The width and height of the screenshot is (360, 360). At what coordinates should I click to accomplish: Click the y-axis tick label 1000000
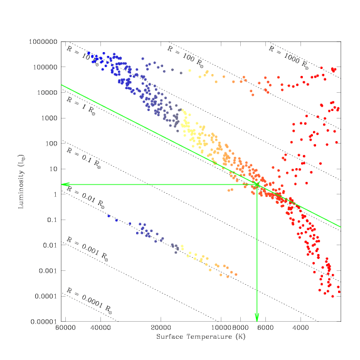click(x=43, y=42)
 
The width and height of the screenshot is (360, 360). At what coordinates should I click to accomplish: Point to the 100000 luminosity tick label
click(x=45, y=67)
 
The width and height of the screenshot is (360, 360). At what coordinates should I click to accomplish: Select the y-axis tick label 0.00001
click(x=43, y=321)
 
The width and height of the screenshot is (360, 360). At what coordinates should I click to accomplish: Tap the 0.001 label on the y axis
click(x=48, y=271)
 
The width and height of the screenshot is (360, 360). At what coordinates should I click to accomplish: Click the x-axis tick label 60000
click(x=66, y=327)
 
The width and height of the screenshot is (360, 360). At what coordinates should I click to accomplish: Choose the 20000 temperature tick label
click(x=161, y=327)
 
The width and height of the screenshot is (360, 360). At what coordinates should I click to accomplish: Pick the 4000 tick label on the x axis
click(x=300, y=327)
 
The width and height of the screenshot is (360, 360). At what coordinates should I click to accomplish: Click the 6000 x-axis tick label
click(x=265, y=327)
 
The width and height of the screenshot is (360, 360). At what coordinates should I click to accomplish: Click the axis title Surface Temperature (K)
click(x=201, y=337)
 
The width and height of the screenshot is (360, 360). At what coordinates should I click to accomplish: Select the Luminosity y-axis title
click(x=21, y=182)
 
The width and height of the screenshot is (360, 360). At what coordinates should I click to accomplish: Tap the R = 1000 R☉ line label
click(x=289, y=58)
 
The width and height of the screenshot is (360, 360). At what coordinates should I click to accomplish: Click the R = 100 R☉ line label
click(x=185, y=56)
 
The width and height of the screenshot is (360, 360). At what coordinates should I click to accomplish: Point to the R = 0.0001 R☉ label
click(x=89, y=300)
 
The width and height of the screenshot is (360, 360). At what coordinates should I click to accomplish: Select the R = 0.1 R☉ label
click(x=83, y=158)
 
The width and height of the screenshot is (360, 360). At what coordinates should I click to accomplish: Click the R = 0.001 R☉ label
click(x=87, y=249)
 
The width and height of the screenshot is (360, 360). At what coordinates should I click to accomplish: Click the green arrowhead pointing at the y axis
click(x=65, y=184)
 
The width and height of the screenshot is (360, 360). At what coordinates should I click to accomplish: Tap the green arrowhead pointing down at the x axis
click(x=257, y=317)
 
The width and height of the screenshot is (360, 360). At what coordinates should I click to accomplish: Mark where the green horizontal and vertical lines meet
click(x=257, y=184)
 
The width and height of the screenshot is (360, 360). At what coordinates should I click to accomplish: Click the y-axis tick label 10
click(x=53, y=169)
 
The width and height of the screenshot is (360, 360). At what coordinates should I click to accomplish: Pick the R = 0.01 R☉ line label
click(x=85, y=198)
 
